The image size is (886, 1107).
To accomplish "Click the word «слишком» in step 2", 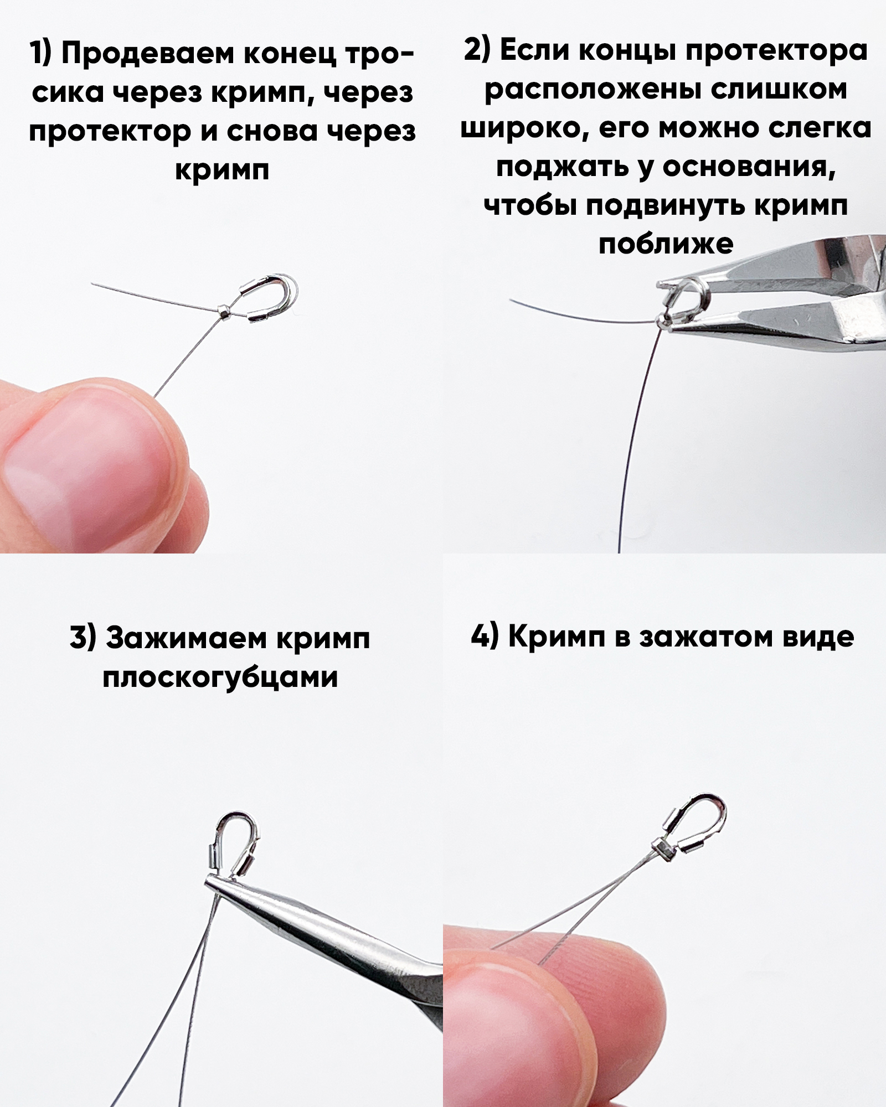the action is (779, 90).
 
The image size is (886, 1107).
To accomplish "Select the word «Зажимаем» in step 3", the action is (186, 639).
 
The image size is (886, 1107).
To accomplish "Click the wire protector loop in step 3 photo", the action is (234, 844).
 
